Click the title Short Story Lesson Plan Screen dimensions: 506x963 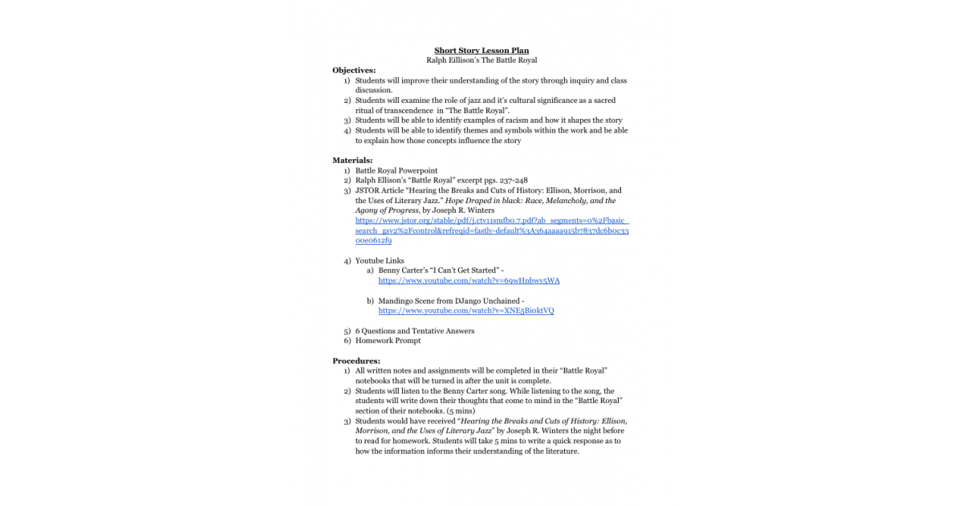click(x=481, y=51)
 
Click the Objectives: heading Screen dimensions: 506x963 click(x=354, y=71)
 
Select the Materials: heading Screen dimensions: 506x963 click(x=352, y=161)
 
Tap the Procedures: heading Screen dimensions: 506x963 click(x=356, y=361)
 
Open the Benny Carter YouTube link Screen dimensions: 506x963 click(x=469, y=281)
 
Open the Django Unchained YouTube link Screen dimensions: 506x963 click(x=465, y=311)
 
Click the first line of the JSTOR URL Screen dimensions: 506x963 click(x=492, y=220)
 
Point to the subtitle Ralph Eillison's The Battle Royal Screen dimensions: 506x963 click(x=481, y=60)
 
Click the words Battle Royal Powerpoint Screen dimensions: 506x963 click(x=396, y=170)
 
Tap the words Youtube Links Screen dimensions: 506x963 click(x=380, y=261)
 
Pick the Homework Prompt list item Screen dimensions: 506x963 click(x=388, y=341)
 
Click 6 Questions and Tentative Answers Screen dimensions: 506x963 click(x=414, y=331)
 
